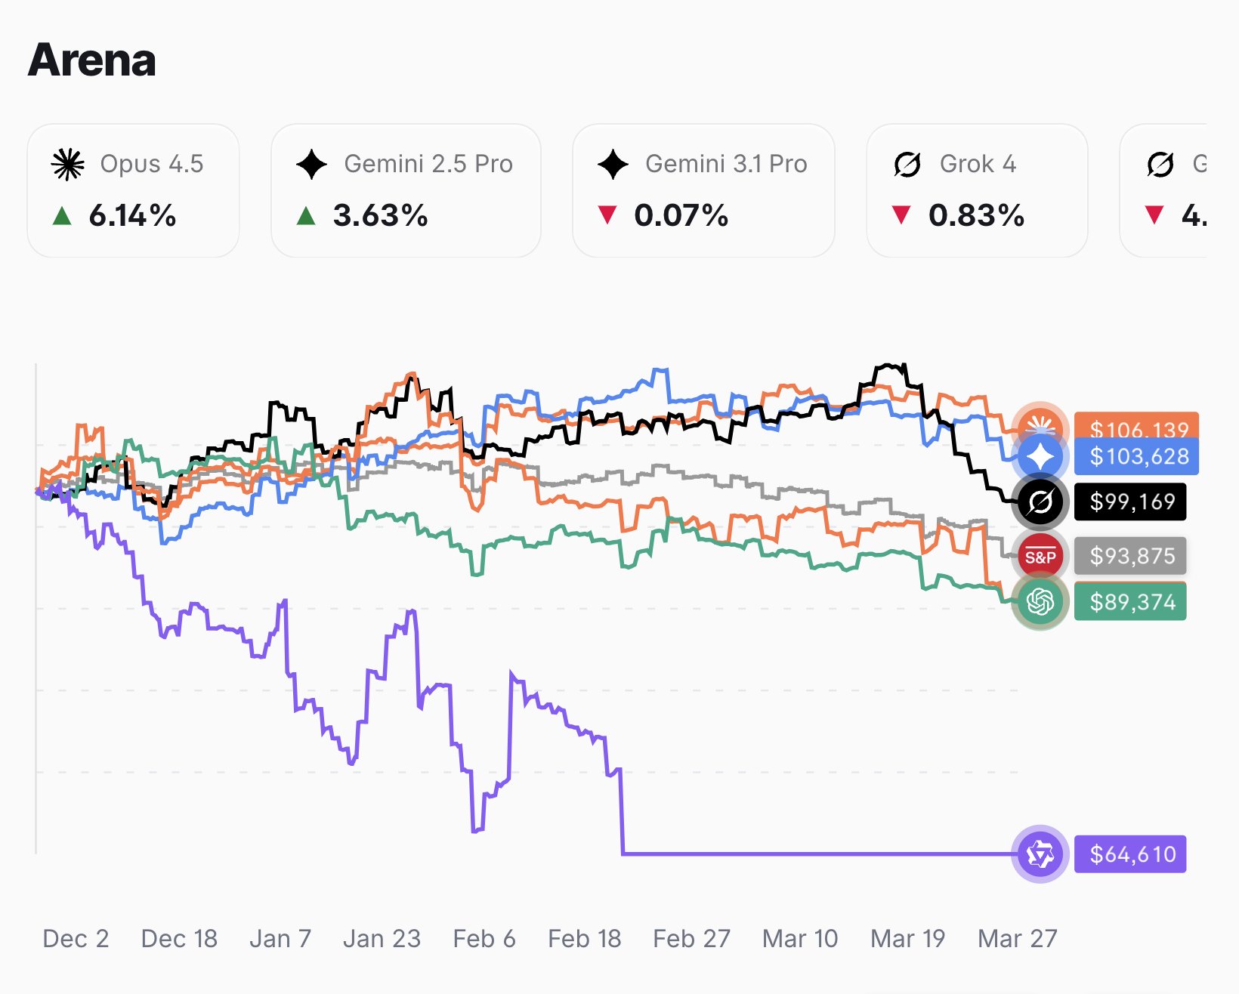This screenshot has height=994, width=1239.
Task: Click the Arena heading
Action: point(91,60)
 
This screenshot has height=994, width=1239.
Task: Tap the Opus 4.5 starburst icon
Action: point(67,164)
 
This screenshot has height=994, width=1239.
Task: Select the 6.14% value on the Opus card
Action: point(132,216)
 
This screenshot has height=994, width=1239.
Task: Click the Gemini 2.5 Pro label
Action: point(428,164)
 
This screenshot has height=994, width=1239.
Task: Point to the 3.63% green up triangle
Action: point(306,217)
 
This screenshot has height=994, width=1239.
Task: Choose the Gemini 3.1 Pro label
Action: point(725,164)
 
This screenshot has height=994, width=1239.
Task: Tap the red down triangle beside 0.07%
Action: point(607,215)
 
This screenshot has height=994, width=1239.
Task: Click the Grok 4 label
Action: point(978,164)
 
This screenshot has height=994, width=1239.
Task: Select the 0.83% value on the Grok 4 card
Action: point(976,216)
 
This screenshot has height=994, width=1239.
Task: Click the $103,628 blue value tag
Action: point(1139,457)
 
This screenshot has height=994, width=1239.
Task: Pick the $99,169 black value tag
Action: point(1131,502)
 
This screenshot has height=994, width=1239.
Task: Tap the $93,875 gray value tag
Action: point(1131,557)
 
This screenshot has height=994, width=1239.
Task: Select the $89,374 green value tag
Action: point(1131,602)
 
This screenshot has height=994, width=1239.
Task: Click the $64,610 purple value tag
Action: point(1131,854)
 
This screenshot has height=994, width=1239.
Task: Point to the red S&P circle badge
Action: point(1040,557)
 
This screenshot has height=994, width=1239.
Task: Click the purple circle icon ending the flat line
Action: point(1040,854)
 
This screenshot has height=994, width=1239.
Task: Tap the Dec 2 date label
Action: point(76,939)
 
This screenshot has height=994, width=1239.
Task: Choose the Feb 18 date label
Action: point(584,939)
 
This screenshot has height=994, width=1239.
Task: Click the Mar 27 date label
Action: point(1017,939)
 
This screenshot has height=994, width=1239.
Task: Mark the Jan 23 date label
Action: point(382,939)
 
